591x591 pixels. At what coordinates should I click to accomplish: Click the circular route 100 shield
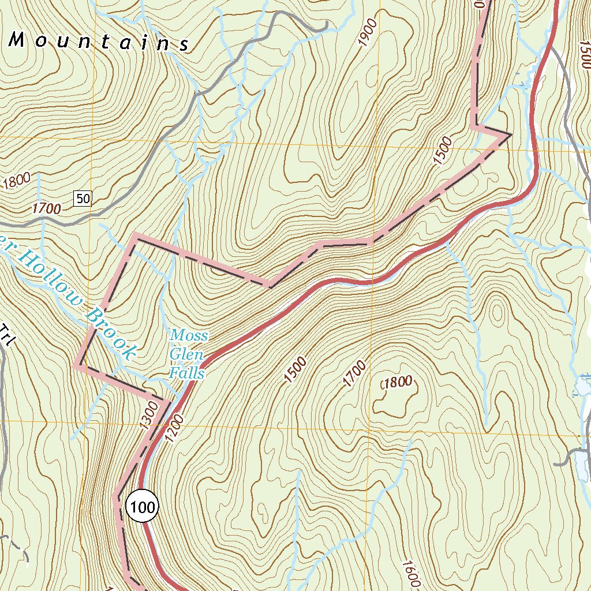coord(141,507)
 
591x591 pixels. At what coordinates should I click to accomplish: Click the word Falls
coord(187,373)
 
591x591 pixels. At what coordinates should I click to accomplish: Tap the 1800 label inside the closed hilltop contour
coord(397,381)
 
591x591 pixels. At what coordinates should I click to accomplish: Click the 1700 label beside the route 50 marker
coord(47,208)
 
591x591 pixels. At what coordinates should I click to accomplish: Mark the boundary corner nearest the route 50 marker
coord(134,235)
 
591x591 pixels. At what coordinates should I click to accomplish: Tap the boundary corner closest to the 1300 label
coord(167,401)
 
